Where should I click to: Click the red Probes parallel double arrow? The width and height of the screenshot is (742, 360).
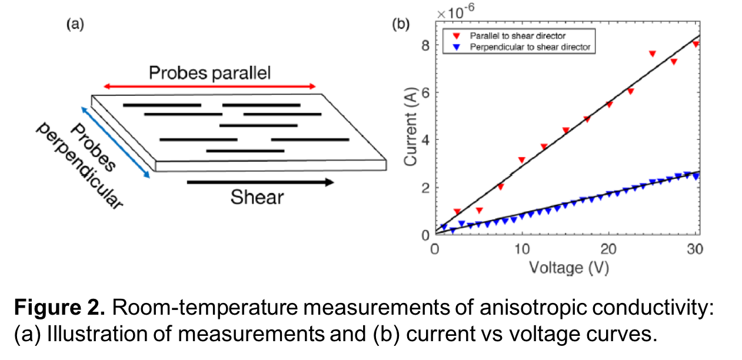click(x=210, y=86)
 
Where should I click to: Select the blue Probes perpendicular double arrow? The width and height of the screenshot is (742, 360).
click(x=116, y=142)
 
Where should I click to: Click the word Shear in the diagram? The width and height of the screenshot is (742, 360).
click(x=257, y=197)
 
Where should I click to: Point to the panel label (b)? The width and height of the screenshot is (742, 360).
click(x=401, y=24)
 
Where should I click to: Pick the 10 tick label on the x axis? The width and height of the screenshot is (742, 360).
click(x=522, y=249)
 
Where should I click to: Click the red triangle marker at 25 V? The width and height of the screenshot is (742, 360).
click(x=653, y=54)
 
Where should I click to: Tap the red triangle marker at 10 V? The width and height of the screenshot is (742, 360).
click(x=521, y=160)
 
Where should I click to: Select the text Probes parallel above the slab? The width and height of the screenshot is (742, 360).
click(x=209, y=74)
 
